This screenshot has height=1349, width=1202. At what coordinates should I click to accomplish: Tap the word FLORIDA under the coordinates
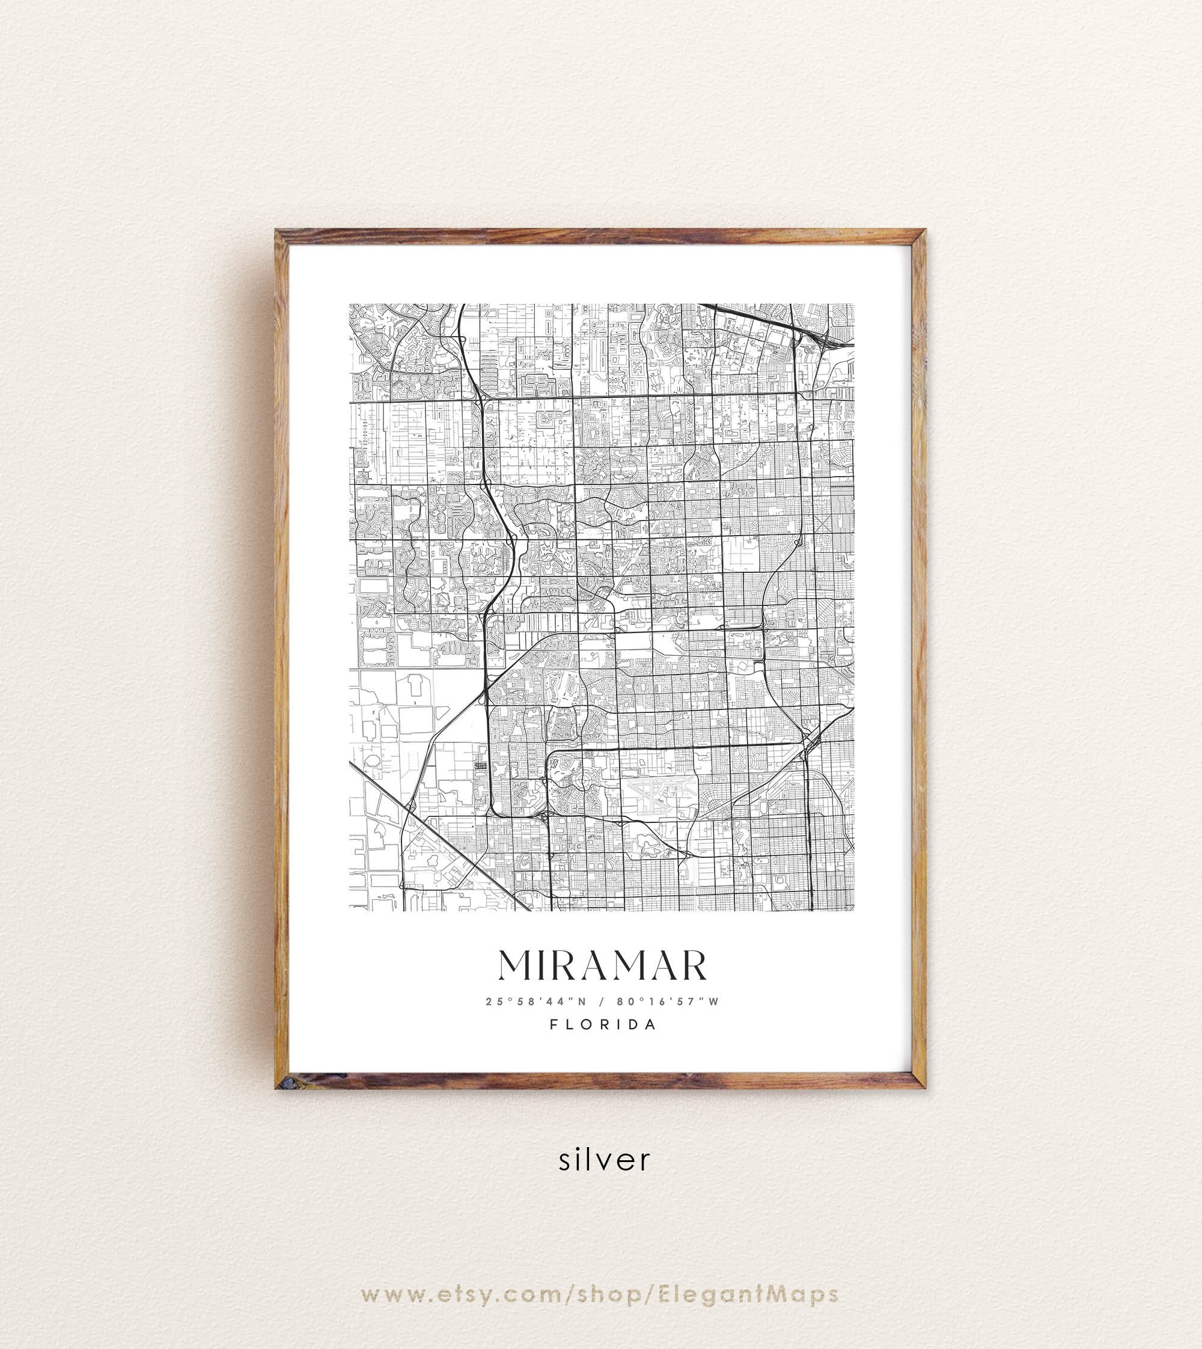coord(602,1024)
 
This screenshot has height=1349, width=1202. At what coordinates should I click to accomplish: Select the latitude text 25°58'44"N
coord(535,1001)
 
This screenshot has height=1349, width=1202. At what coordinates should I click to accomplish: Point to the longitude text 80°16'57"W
coord(667,1001)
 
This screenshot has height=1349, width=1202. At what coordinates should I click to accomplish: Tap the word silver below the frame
coord(604,1160)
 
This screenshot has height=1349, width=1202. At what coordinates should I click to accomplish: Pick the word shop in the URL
coord(608,1257)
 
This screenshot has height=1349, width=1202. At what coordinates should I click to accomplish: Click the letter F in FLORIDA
coord(554,1024)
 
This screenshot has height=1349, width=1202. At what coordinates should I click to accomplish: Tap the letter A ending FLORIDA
coord(651,1024)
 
